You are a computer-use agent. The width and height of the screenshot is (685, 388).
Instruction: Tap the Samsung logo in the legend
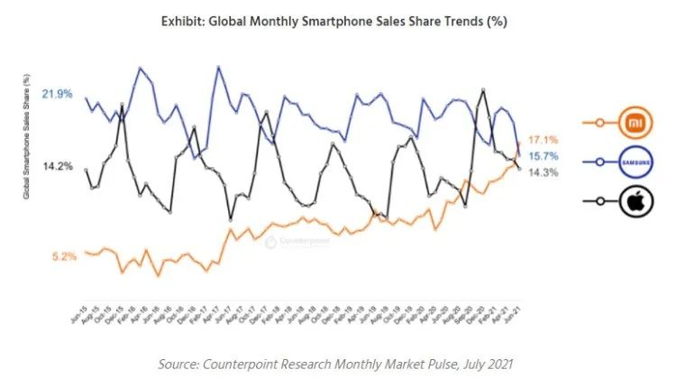[636, 162]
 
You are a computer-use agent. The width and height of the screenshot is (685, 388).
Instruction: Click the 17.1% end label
[543, 140]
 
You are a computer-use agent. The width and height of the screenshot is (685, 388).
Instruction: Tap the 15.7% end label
[543, 156]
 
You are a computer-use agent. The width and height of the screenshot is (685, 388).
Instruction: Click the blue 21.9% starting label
[58, 94]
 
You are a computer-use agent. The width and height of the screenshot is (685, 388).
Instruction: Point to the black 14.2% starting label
[58, 166]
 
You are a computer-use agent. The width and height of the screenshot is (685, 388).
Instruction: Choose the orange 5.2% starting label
[64, 256]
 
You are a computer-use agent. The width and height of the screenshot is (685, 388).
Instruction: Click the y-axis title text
[28, 137]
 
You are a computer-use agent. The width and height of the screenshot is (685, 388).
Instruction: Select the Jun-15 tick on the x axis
[78, 311]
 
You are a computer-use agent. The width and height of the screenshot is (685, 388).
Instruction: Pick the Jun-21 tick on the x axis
[515, 311]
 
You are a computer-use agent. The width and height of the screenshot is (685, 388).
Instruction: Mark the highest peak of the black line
[485, 90]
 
